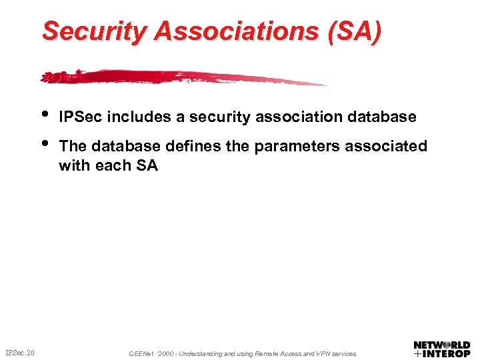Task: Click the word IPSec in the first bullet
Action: coord(81,117)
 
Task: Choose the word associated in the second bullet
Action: coord(391,146)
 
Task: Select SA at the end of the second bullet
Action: coord(146,165)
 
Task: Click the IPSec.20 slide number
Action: coord(21,352)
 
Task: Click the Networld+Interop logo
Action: coord(442,349)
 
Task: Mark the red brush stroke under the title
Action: coord(180,76)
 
